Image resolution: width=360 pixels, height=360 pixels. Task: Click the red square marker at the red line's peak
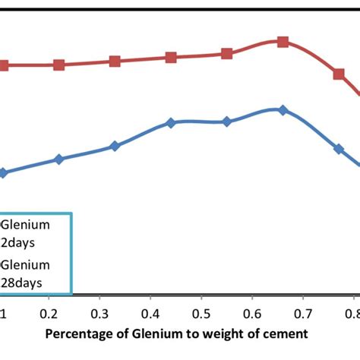(283, 42)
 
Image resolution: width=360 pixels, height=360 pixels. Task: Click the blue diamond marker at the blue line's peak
(283, 110)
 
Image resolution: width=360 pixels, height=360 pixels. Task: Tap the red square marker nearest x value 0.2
(58, 65)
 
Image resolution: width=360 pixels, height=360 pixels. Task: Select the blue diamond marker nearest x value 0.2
(58, 159)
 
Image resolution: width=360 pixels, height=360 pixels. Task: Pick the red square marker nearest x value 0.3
(115, 61)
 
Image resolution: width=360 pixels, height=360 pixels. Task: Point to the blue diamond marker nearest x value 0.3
(115, 146)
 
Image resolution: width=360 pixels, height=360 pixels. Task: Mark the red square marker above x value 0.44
(171, 57)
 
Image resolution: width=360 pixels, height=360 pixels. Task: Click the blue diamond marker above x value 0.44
(171, 122)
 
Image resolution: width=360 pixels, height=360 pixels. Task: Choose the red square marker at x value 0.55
(226, 53)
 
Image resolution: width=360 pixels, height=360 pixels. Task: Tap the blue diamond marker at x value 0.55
(226, 122)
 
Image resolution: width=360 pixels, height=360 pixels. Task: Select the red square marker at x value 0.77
(339, 74)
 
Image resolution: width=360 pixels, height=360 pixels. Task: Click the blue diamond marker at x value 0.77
(339, 149)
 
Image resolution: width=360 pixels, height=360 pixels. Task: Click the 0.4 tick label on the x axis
(151, 314)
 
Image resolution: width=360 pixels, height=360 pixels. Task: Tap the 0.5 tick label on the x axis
(201, 314)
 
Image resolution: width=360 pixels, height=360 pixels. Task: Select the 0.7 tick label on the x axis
(303, 314)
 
